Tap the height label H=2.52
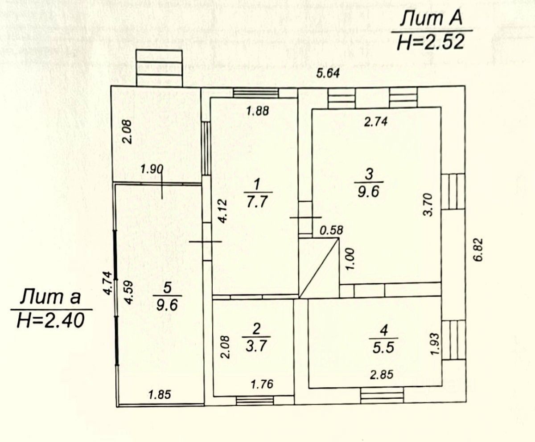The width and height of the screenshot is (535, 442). (x=431, y=42)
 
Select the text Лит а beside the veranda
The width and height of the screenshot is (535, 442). (x=50, y=297)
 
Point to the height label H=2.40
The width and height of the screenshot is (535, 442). (x=50, y=321)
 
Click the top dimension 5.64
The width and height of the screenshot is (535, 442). (x=328, y=74)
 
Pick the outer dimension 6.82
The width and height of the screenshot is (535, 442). (x=478, y=250)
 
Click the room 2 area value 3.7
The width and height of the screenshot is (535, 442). (x=256, y=346)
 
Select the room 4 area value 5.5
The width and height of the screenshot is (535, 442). (x=383, y=348)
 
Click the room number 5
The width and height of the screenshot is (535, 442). (x=167, y=287)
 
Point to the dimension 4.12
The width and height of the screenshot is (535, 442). (x=222, y=211)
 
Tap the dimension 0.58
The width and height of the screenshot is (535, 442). (x=332, y=230)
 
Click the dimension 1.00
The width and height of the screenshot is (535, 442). (x=350, y=259)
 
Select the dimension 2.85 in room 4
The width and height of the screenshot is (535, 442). (x=382, y=375)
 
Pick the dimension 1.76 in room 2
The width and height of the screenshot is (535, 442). (x=262, y=384)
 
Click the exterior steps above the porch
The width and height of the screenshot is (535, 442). (x=159, y=68)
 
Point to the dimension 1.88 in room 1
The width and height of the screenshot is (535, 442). (x=258, y=111)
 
